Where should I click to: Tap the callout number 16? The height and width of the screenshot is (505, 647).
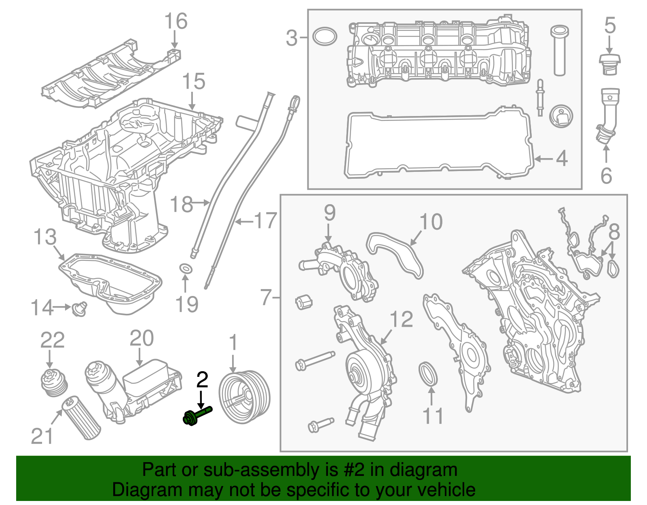pos(176,21)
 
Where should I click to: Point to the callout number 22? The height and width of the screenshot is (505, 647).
pos(52,340)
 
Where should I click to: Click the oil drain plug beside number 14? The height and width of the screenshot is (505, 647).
pos(80,309)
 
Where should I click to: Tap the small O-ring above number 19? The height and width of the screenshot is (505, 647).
pos(186,268)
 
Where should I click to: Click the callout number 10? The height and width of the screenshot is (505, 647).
pos(431,222)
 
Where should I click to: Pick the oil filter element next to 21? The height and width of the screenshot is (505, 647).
pos(80,418)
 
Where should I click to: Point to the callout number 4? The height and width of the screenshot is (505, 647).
pos(562,158)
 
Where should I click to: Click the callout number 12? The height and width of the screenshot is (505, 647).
pos(401,319)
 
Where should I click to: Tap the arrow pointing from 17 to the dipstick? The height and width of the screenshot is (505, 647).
pos(244,221)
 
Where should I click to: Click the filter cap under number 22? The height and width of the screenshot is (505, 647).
pos(54,382)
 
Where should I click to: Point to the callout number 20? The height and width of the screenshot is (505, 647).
pos(142,338)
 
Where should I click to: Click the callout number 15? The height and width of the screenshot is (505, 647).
pos(194,82)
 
